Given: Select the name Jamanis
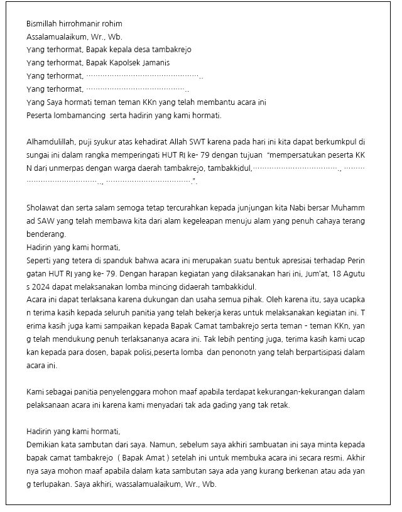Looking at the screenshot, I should pyautogui.click(x=157, y=63).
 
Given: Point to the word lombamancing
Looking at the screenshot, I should pyautogui.click(x=79, y=116).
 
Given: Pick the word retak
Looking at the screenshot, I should pyautogui.click(x=280, y=405).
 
